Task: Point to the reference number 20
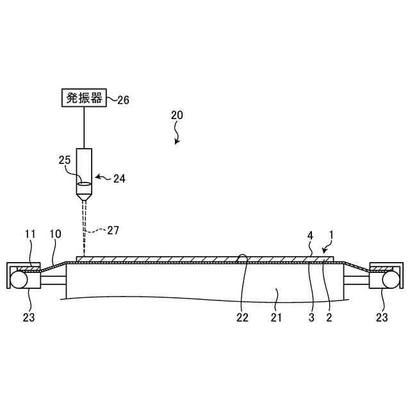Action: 177,116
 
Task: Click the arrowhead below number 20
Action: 179,142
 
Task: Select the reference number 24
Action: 119,179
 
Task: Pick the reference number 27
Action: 113,229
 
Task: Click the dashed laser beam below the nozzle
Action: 84,227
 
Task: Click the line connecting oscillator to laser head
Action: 84,128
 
